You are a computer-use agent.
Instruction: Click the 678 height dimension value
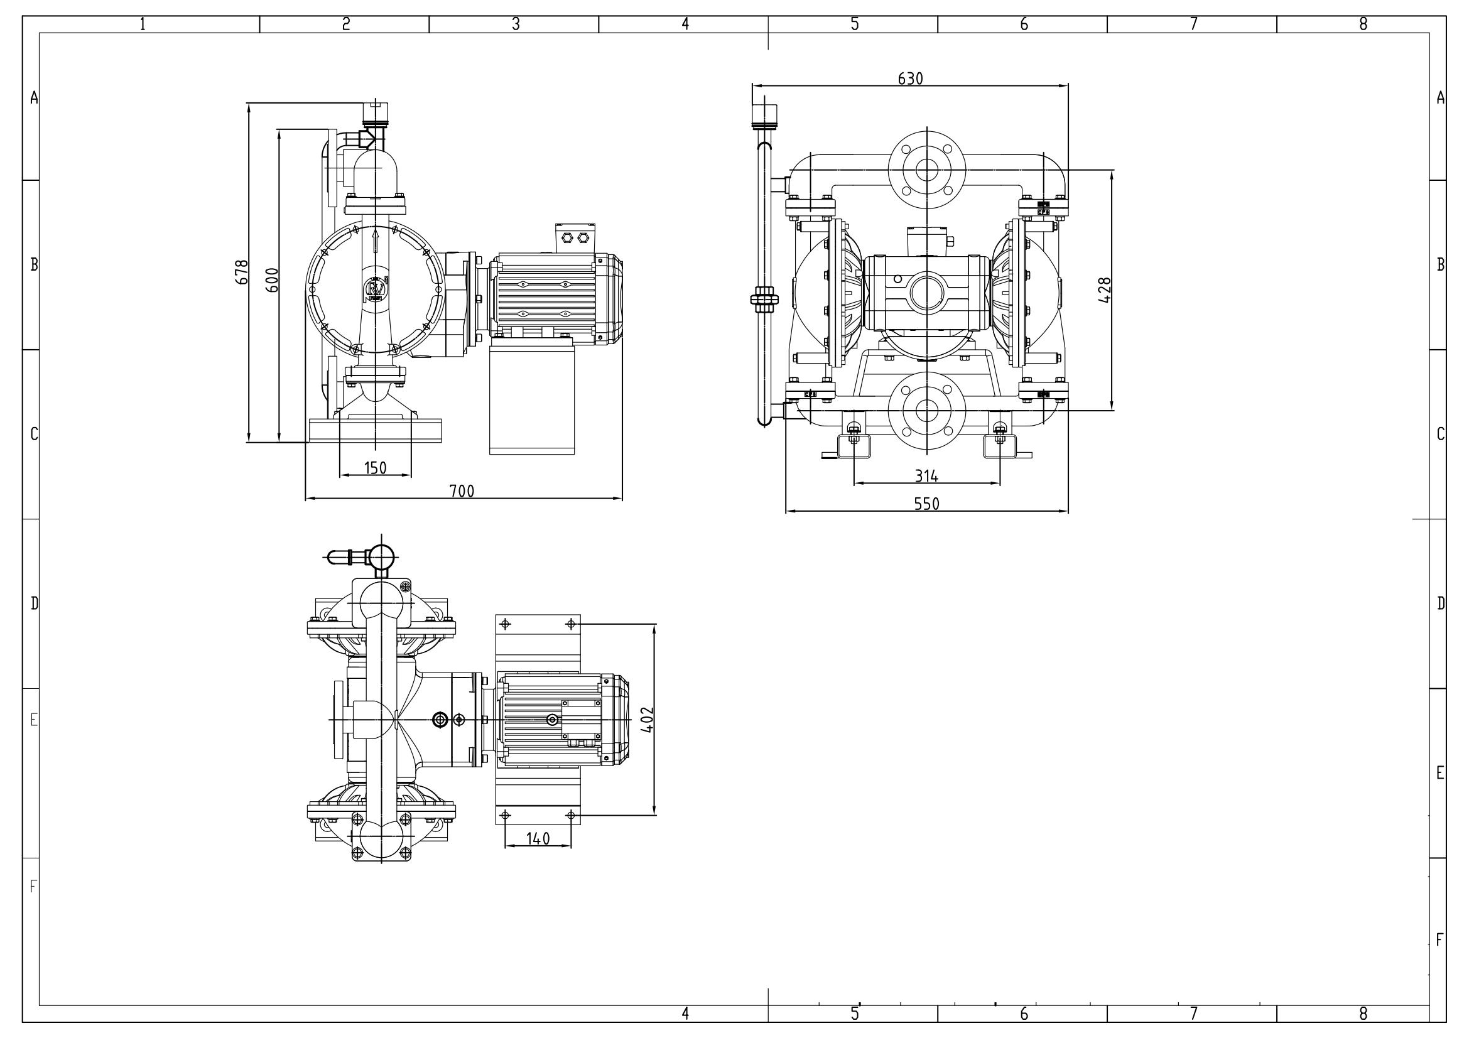coord(242,272)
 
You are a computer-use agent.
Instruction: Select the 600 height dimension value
coord(272,280)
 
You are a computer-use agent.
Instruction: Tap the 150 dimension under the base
coord(376,468)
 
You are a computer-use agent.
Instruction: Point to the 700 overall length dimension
coord(462,490)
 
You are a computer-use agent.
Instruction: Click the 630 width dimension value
coord(911,78)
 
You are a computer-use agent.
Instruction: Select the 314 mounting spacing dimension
coord(926,476)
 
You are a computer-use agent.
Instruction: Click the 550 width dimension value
coord(926,504)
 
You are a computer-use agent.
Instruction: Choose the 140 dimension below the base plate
coord(538,838)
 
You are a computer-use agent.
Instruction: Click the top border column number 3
coord(516,24)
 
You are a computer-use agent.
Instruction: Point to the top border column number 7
coord(1193,24)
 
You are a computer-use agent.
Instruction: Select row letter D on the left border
coord(35,603)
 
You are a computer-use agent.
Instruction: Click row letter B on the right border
coord(1440,264)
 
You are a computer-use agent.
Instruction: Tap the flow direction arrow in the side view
coord(375,242)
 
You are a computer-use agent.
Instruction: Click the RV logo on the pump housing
coord(375,289)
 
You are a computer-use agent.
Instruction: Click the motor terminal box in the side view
coord(574,237)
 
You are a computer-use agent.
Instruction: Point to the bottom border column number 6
coord(1024,1014)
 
